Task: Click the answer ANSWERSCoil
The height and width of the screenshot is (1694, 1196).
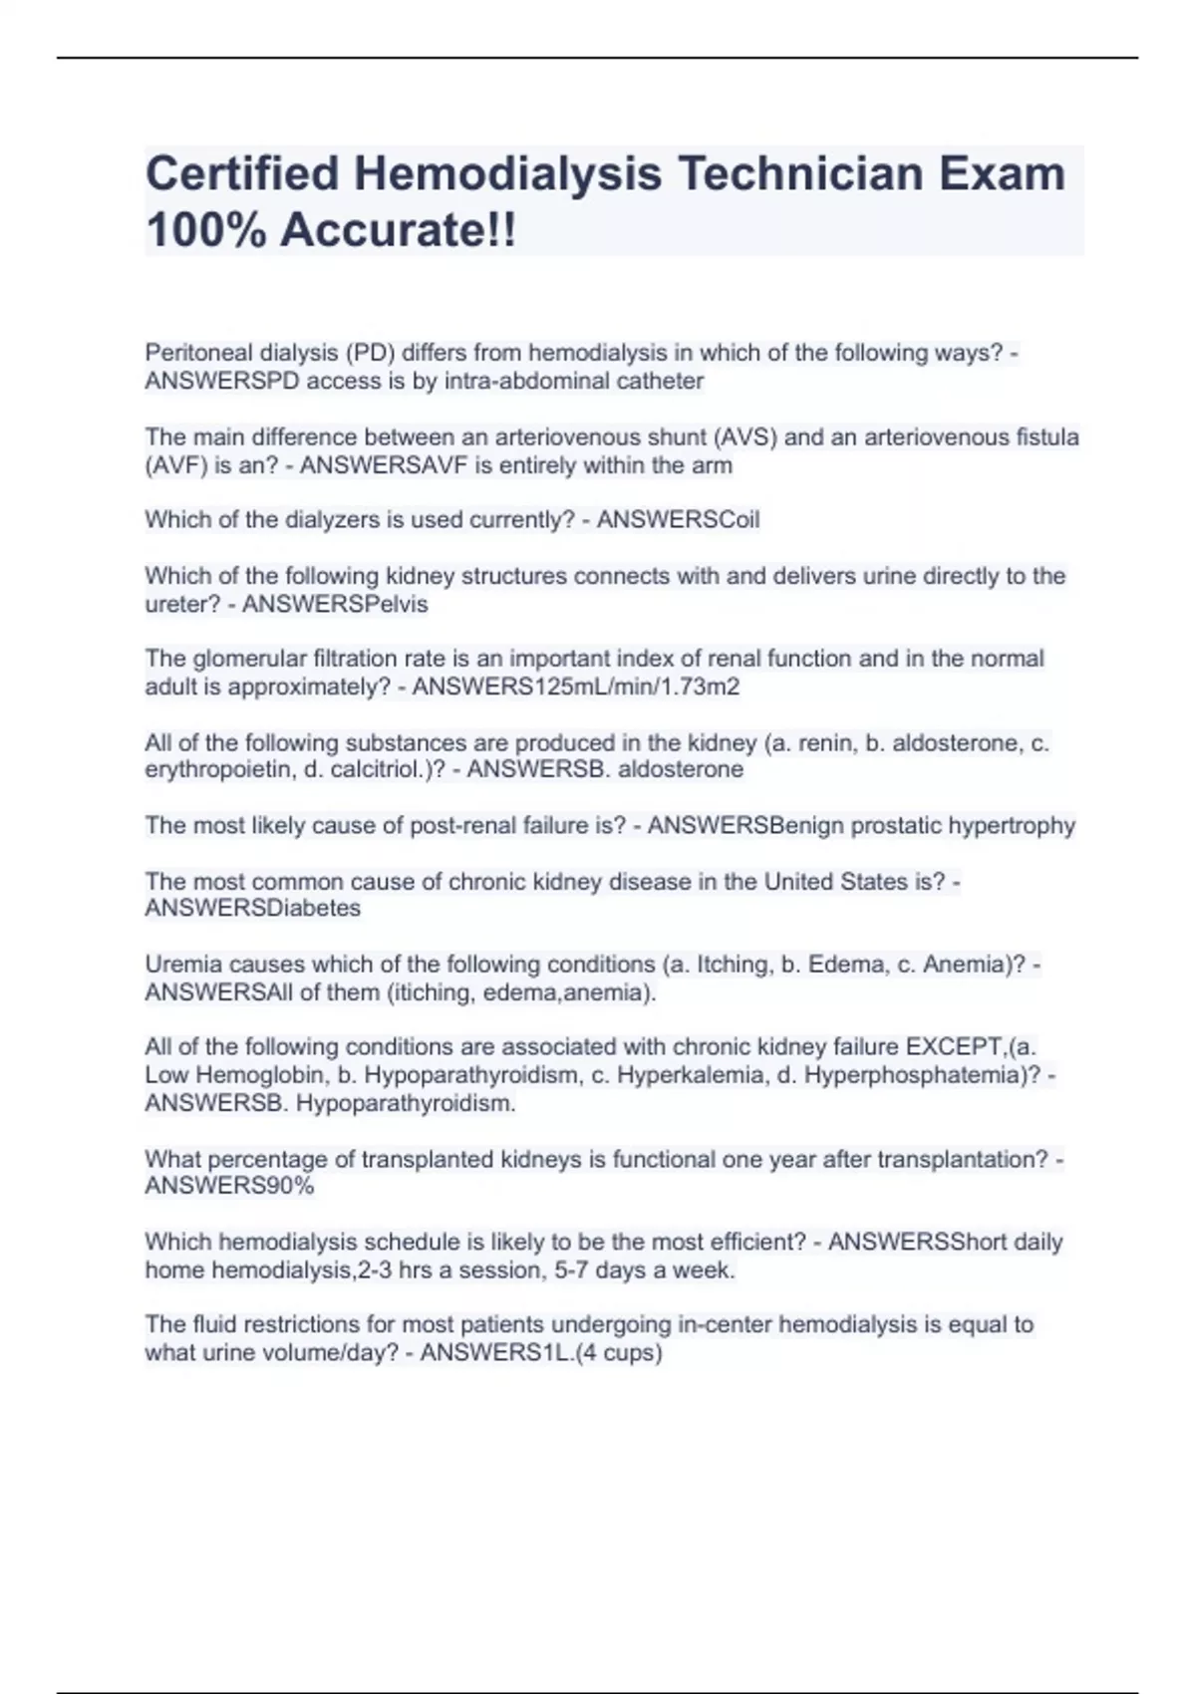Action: [x=678, y=520]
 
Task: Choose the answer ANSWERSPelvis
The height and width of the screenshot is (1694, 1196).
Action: [x=335, y=605]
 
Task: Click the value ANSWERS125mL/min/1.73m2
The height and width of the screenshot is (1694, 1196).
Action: [x=575, y=687]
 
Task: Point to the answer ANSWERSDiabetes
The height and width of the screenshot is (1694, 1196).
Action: [x=253, y=908]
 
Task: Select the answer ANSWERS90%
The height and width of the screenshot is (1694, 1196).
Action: [x=229, y=1186]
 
